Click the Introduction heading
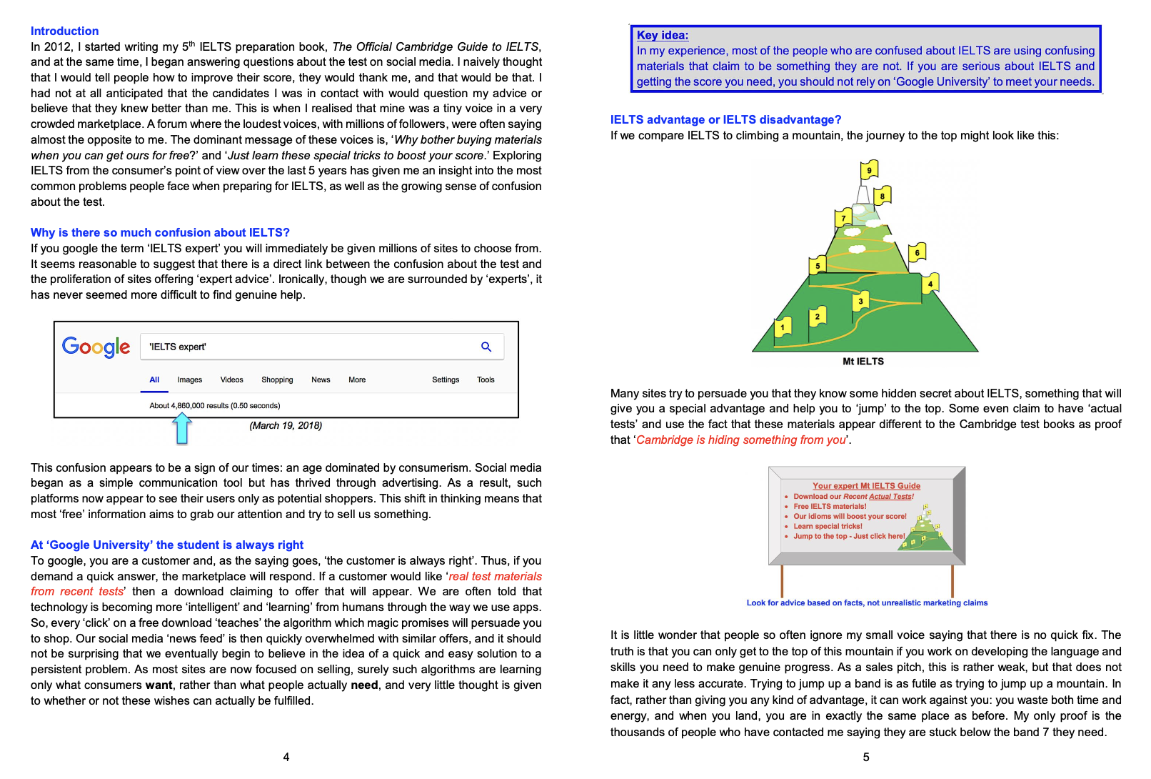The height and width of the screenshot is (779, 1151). click(64, 31)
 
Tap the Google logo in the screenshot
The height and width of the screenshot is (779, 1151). click(96, 347)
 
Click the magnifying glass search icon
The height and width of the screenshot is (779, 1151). click(486, 347)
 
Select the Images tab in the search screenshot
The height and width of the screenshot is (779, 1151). click(190, 380)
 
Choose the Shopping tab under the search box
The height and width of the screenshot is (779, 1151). click(277, 380)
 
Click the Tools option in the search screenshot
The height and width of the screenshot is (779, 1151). click(486, 380)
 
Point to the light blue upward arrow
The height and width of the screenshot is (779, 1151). click(182, 429)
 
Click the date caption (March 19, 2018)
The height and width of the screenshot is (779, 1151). click(286, 426)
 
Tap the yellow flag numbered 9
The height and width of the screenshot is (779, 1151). click(869, 170)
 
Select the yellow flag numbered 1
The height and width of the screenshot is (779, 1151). click(783, 327)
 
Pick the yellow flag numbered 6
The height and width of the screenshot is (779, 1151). click(918, 252)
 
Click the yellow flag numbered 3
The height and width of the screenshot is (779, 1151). click(861, 301)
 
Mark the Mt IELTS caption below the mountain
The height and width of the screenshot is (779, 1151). click(863, 362)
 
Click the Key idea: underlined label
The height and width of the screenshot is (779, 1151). click(663, 35)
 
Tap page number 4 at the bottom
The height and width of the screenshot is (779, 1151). click(286, 757)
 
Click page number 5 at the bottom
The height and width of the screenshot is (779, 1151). click(866, 757)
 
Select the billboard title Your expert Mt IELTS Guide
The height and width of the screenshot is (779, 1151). click(866, 486)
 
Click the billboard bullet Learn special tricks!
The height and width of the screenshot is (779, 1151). click(828, 526)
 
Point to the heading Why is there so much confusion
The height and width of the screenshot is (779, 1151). click(160, 233)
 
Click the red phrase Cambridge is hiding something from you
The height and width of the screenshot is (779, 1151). click(741, 440)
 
